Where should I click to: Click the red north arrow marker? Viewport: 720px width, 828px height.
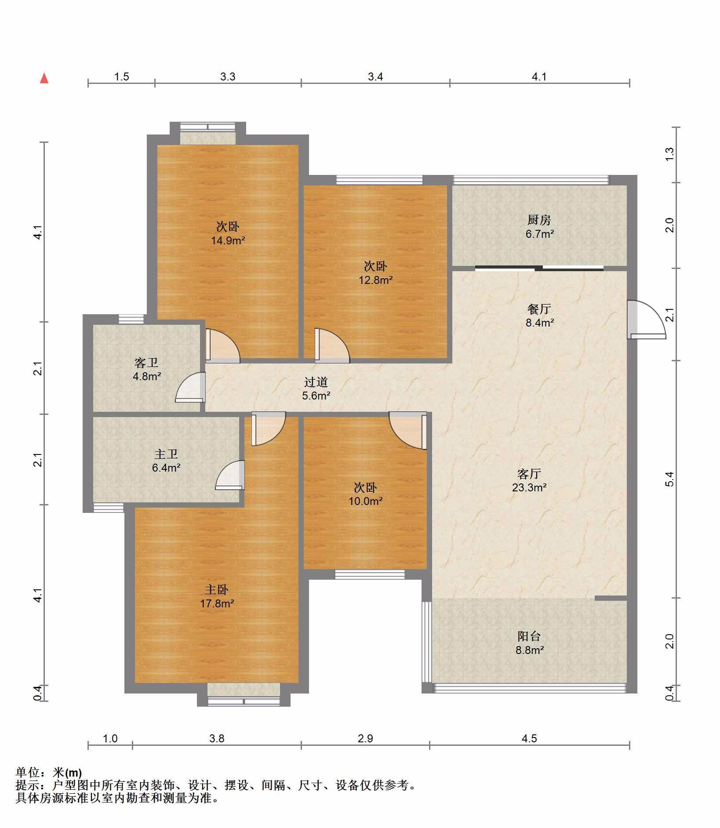[x=44, y=78]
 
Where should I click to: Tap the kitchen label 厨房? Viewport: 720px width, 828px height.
[x=539, y=220]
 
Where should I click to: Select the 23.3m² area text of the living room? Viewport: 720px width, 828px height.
[x=529, y=487]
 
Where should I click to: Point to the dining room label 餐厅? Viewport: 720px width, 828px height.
[x=539, y=309]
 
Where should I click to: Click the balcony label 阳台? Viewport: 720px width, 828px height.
[x=529, y=636]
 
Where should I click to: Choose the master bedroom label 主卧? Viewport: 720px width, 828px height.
[x=217, y=589]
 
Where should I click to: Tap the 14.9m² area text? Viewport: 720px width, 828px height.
[x=228, y=240]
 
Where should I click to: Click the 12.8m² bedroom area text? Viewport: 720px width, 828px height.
[x=375, y=280]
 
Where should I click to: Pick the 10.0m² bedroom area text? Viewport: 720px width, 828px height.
[x=365, y=501]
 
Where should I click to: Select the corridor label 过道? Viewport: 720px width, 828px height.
[x=316, y=382]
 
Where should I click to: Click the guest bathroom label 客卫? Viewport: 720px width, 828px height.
[x=146, y=363]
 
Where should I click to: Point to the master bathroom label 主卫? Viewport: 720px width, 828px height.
[x=166, y=454]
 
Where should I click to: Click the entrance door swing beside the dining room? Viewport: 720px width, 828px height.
[x=646, y=320]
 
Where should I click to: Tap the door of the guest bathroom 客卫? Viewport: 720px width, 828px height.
[x=191, y=387]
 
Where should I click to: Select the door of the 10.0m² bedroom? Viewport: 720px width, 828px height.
[x=408, y=430]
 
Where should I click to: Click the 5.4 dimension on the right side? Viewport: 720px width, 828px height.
[x=669, y=479]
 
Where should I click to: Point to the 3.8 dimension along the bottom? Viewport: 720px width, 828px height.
[x=217, y=738]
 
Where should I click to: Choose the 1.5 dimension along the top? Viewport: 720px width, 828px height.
[x=122, y=76]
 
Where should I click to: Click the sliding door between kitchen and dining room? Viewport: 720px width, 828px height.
[x=539, y=268]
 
